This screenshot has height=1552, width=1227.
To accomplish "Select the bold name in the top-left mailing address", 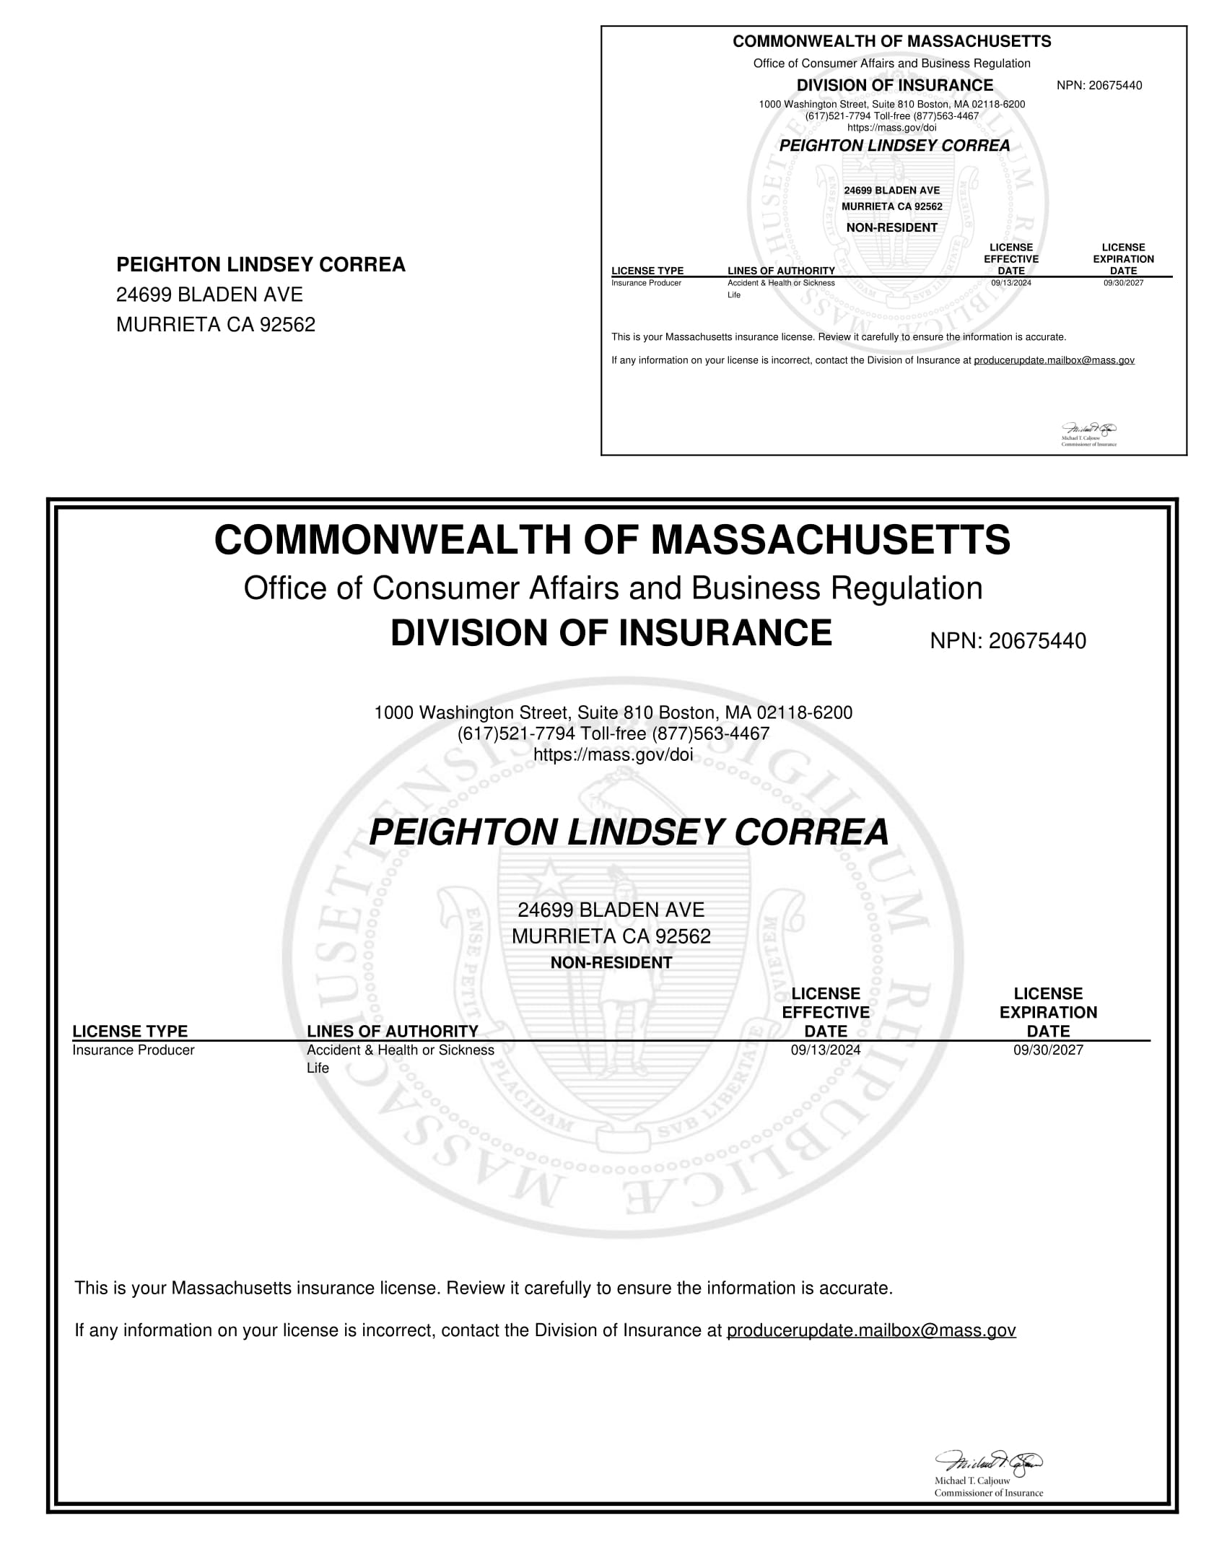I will [261, 265].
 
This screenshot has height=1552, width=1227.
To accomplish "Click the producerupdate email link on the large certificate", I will [871, 1330].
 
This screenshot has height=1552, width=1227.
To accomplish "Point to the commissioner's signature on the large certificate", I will [989, 1462].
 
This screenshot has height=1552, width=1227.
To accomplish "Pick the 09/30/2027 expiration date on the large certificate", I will [1048, 1050].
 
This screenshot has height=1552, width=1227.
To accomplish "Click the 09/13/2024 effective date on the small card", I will [1010, 283].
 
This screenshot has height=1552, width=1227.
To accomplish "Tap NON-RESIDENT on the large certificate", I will [611, 963].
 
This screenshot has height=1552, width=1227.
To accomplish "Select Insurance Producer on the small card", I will [646, 283].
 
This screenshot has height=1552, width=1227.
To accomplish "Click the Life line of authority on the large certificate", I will [318, 1068].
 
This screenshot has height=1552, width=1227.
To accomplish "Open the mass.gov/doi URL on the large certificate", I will [613, 755].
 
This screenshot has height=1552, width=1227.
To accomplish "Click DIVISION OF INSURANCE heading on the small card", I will [894, 85].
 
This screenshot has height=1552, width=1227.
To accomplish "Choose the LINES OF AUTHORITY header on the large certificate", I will [393, 1031].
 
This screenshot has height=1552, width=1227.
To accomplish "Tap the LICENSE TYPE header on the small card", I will [647, 271].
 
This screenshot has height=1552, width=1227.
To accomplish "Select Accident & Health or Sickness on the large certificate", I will [401, 1050].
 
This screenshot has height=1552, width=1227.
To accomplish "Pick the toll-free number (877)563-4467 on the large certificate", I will [711, 734].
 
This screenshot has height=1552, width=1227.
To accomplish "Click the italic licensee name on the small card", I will [894, 146].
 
